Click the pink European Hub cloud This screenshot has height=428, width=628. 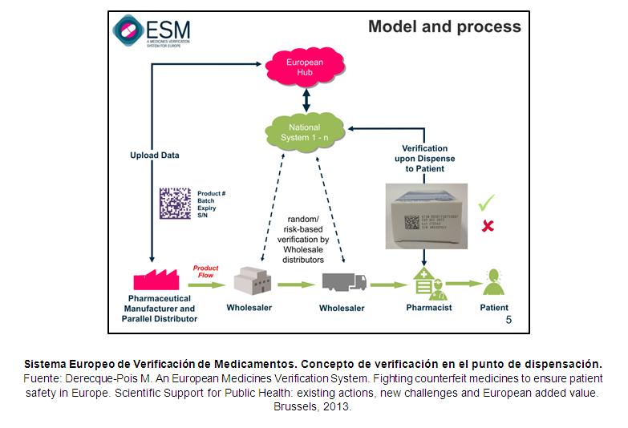point(304,66)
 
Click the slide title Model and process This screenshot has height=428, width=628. point(444,26)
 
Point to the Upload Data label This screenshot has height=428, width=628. point(156,155)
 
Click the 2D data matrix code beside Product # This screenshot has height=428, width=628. point(174,203)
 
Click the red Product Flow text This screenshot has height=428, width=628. point(205,272)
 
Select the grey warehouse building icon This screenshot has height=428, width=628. point(250,281)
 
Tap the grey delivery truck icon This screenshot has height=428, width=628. point(344,282)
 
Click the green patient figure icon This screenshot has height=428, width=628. point(493,283)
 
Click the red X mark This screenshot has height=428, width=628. point(486,226)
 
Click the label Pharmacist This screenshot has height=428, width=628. point(428,308)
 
